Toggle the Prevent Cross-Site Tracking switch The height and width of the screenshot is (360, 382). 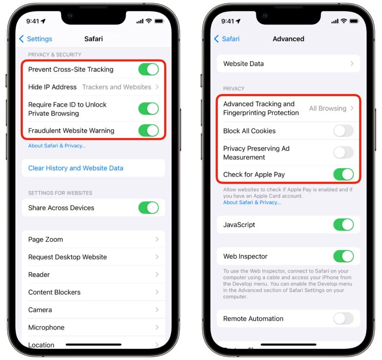click(x=148, y=69)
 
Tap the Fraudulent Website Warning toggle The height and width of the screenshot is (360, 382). click(x=148, y=131)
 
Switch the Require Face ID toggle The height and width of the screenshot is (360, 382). click(x=148, y=109)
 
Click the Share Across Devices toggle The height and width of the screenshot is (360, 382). click(x=148, y=208)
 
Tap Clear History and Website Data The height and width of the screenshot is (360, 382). click(x=76, y=168)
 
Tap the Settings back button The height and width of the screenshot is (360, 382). click(x=35, y=39)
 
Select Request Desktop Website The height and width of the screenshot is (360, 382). click(x=68, y=257)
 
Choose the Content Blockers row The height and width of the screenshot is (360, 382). click(x=54, y=292)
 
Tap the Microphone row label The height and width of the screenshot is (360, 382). click(x=47, y=328)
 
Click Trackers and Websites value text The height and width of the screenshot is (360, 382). click(x=117, y=87)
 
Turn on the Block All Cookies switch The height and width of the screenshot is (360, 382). click(x=343, y=131)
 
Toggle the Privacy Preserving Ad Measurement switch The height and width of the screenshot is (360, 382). click(x=343, y=153)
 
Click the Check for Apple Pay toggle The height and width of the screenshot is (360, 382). click(x=343, y=175)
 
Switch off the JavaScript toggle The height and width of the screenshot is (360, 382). click(x=343, y=225)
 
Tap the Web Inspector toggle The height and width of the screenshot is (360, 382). click(x=343, y=256)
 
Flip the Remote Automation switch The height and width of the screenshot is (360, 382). click(x=343, y=319)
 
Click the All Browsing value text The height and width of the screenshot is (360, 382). click(x=328, y=109)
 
